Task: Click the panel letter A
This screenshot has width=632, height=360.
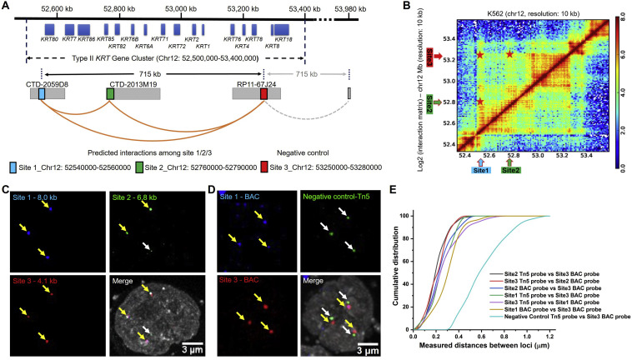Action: [x=7, y=7]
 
